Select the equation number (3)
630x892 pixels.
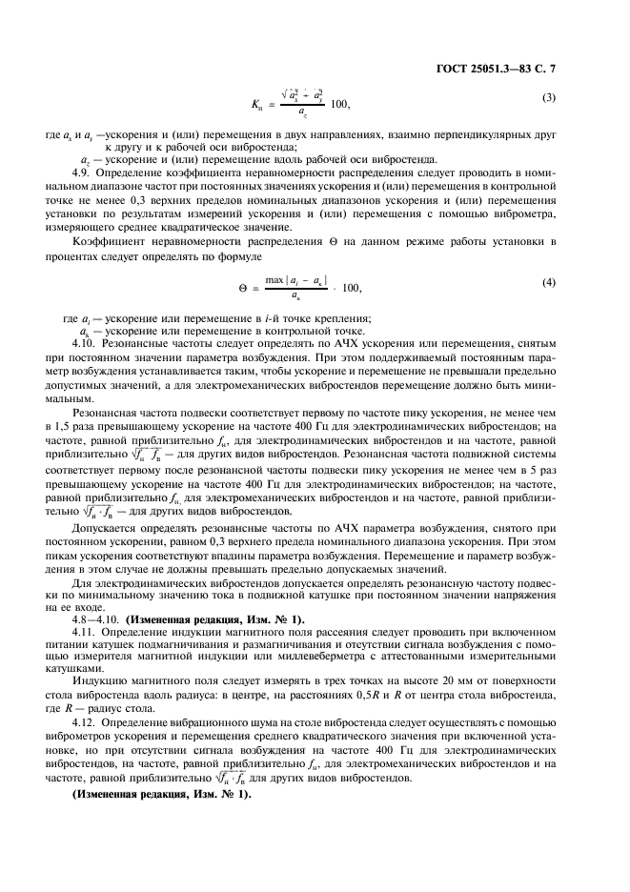(549, 98)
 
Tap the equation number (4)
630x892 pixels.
(549, 282)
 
